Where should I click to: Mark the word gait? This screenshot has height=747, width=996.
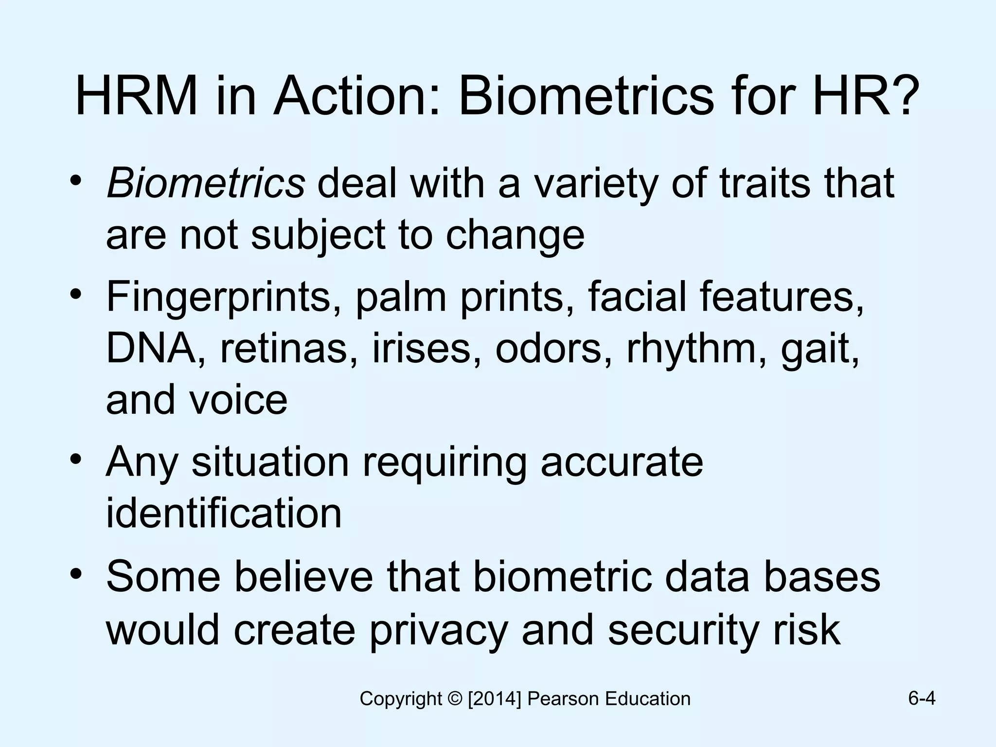(x=820, y=349)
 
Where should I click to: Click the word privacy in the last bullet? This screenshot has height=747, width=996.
(x=438, y=630)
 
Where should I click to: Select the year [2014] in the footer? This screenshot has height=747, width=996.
(x=495, y=699)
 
